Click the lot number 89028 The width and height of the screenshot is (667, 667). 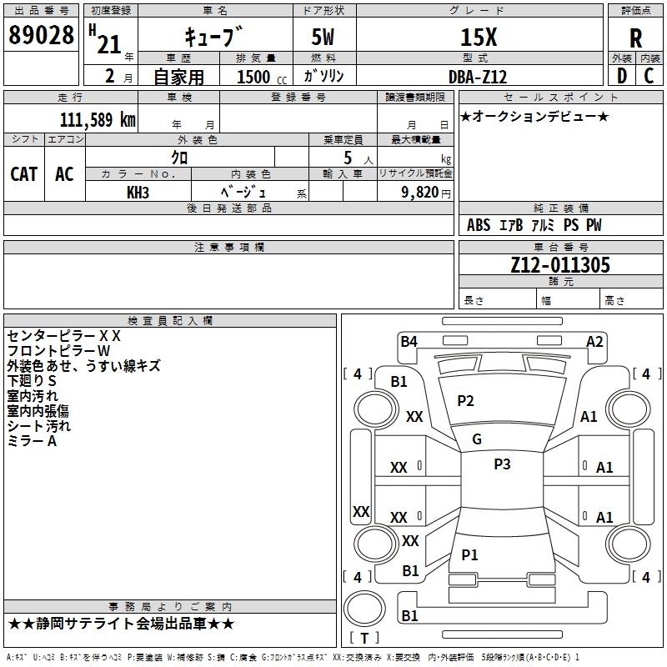[41, 34]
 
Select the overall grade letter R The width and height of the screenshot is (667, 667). [635, 38]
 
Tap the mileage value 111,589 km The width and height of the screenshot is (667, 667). [98, 120]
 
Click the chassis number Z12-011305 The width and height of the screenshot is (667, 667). [559, 264]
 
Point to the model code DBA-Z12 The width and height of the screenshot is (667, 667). [478, 77]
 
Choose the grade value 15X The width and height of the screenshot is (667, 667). [479, 37]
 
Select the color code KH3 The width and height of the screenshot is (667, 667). [138, 193]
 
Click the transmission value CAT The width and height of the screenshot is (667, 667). [24, 174]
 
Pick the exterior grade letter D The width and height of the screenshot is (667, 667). [622, 76]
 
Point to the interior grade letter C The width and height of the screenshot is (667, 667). [649, 76]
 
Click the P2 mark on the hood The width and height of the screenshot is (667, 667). [465, 401]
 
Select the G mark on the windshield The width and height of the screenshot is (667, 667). [477, 439]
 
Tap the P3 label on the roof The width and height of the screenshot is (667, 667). [502, 464]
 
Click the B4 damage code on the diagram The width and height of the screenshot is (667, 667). [409, 341]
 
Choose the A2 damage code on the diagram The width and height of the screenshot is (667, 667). [594, 341]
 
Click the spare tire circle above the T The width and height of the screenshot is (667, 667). [364, 609]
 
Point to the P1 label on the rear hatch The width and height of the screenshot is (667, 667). [469, 554]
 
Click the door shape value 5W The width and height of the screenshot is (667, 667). [323, 37]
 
